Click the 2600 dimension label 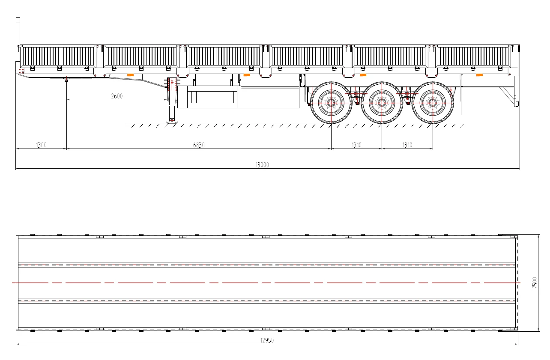(x=117, y=96)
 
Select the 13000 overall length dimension (x=262, y=165)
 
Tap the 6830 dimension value (x=198, y=145)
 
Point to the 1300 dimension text (x=41, y=145)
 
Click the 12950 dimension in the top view (x=266, y=341)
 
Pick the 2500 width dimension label (x=535, y=283)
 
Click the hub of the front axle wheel (x=331, y=103)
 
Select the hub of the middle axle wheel (x=382, y=103)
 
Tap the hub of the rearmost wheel (x=432, y=103)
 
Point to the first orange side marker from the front (x=131, y=75)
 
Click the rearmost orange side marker (x=479, y=75)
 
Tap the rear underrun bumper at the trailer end (x=516, y=103)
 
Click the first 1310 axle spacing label (x=356, y=145)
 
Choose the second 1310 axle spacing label (x=407, y=145)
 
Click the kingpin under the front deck (x=66, y=79)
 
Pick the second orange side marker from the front (x=246, y=75)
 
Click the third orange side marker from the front (x=362, y=75)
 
